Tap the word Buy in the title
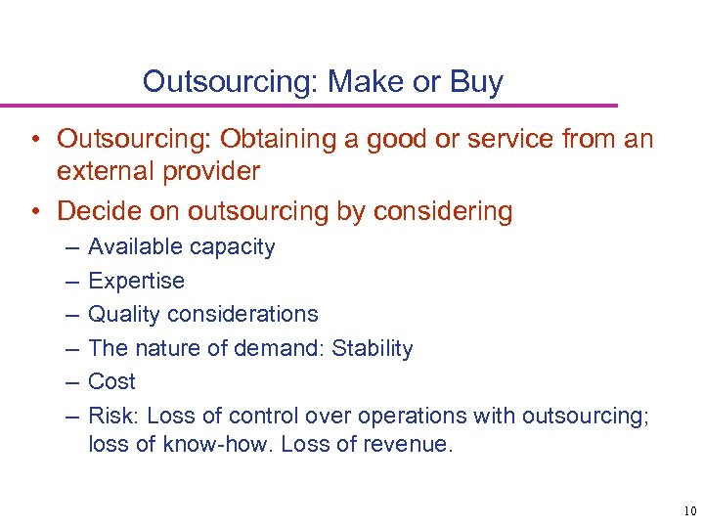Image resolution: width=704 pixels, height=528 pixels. click(478, 81)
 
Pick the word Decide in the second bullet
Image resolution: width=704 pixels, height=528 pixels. click(93, 210)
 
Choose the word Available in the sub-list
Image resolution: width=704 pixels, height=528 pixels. click(131, 247)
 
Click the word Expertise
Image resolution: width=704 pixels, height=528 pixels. click(136, 281)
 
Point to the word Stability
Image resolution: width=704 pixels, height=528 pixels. click(373, 348)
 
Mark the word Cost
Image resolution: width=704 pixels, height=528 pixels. click(111, 381)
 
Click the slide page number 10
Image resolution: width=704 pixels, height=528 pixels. click(689, 510)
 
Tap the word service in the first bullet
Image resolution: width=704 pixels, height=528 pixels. click(512, 141)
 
